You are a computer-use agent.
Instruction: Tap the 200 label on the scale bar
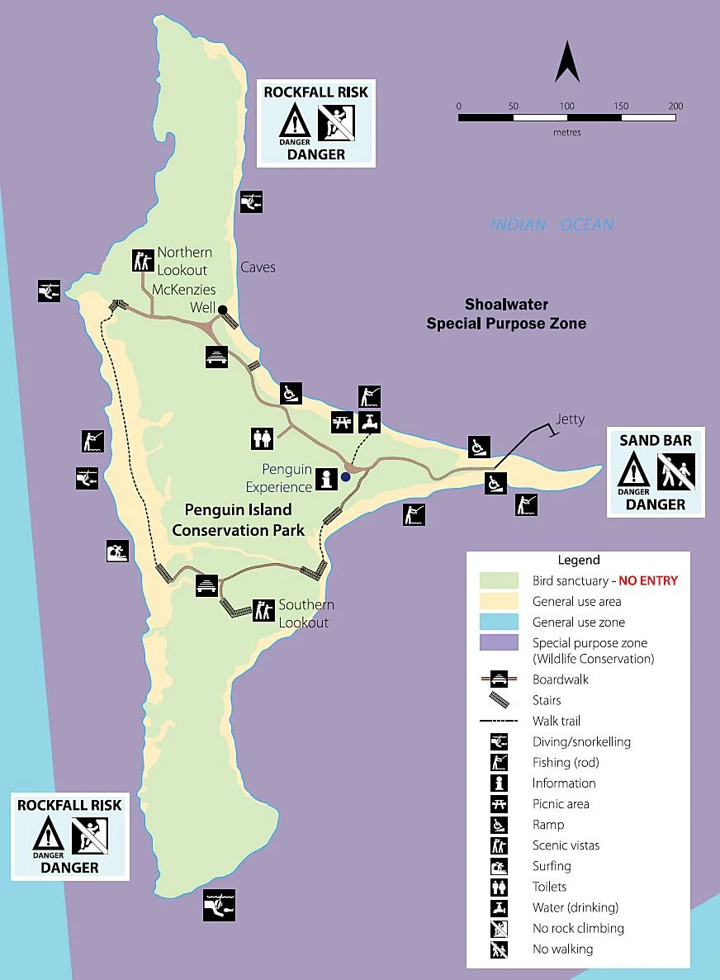tap(675, 106)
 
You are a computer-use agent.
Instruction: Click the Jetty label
tap(570, 419)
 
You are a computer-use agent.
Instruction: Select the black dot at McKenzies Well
tap(222, 310)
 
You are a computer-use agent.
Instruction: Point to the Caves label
tap(258, 267)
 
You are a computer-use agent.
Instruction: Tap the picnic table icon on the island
tap(342, 421)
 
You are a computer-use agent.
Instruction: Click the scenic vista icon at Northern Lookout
tap(143, 260)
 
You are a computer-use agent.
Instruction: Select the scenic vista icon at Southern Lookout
tap(263, 609)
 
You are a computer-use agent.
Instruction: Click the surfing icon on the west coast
tap(117, 551)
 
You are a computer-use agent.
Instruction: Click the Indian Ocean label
tap(552, 225)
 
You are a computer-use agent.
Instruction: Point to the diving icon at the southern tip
tap(219, 903)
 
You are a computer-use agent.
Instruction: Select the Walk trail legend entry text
tap(557, 721)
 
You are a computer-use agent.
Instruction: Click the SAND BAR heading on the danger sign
tap(656, 440)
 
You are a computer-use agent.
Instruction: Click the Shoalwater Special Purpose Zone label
tap(506, 315)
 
